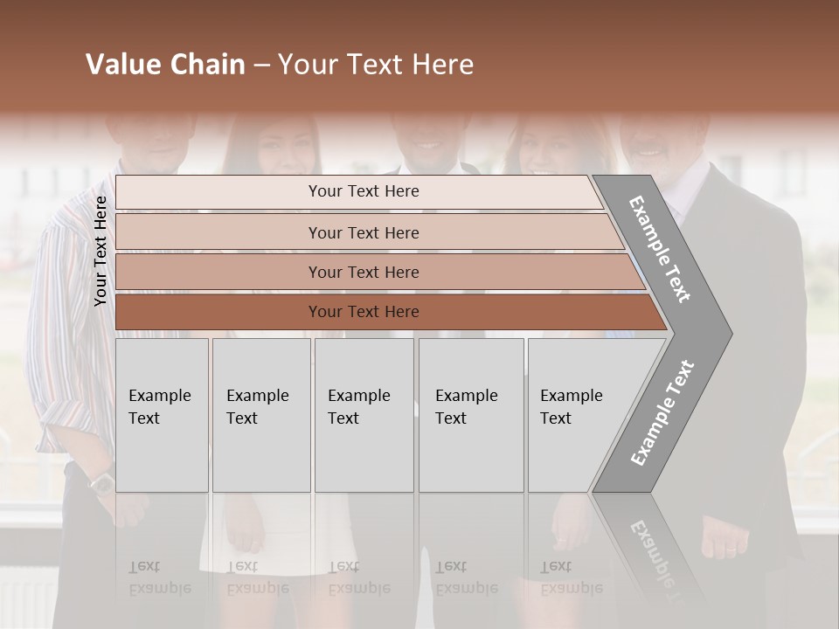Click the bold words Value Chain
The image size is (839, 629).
click(x=165, y=65)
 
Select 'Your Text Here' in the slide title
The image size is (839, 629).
click(x=376, y=65)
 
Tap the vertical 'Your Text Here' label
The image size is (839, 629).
click(x=101, y=251)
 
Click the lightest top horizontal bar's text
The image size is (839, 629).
click(x=364, y=191)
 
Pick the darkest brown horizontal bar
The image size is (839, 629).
click(x=364, y=312)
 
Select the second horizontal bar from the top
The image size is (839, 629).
click(x=364, y=232)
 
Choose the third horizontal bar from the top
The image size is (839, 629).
click(x=364, y=273)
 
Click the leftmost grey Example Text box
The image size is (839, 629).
click(x=161, y=414)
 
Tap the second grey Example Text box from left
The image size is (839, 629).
click(x=260, y=414)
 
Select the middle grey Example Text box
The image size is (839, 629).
click(x=363, y=414)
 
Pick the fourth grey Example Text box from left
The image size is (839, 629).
click(x=470, y=414)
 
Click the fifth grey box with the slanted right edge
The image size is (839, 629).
click(x=577, y=414)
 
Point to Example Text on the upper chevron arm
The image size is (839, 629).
click(x=661, y=250)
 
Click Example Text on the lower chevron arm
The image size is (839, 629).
click(x=662, y=412)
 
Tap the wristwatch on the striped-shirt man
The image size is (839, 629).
click(x=102, y=481)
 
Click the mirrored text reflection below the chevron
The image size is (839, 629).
click(x=651, y=552)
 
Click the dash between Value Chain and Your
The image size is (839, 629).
click(x=261, y=66)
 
